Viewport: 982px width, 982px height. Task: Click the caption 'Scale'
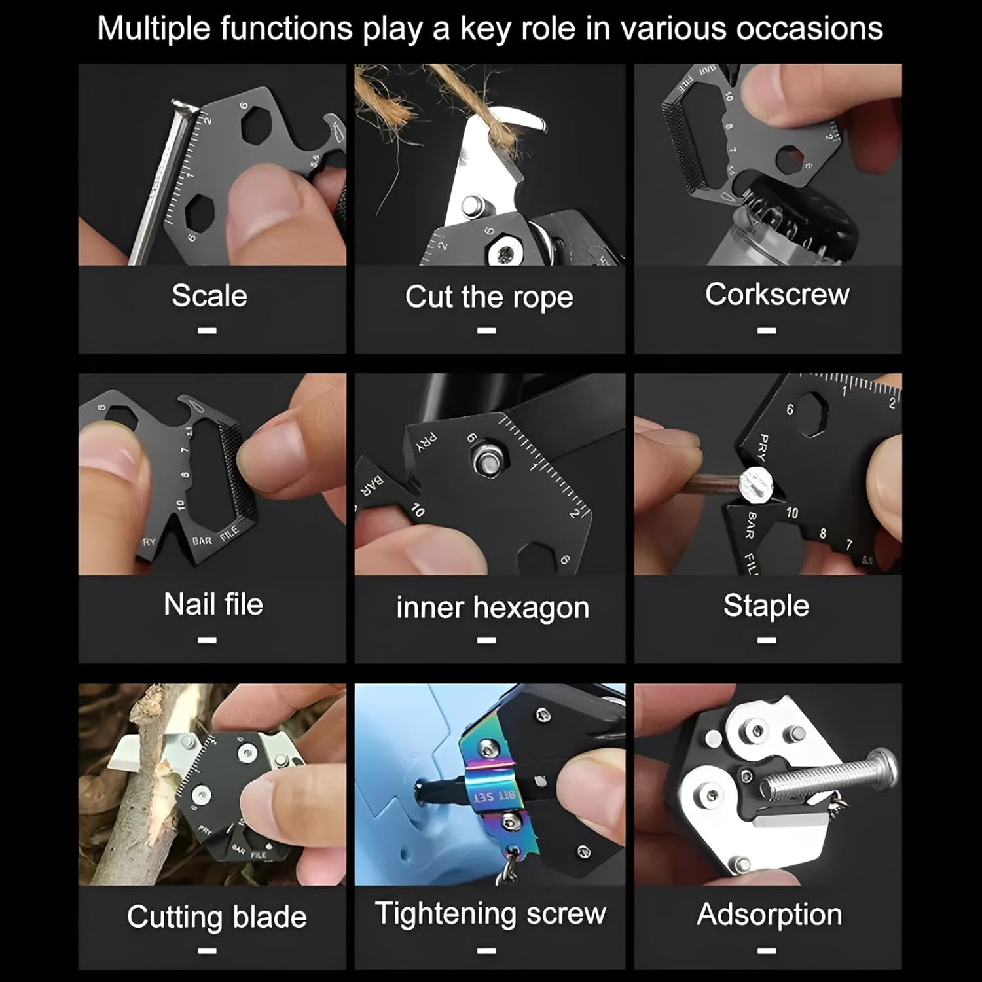(209, 296)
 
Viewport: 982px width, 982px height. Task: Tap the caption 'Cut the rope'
(489, 297)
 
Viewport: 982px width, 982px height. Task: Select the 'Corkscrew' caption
(777, 295)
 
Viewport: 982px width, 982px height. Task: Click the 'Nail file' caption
(213, 604)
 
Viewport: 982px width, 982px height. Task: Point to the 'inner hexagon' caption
(492, 608)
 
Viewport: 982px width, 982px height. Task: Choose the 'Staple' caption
(766, 606)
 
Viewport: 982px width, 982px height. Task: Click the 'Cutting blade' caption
(217, 917)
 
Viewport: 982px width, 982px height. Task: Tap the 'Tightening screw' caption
(490, 913)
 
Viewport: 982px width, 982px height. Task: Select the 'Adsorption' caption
(769, 915)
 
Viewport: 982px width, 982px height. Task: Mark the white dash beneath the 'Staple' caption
(767, 640)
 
